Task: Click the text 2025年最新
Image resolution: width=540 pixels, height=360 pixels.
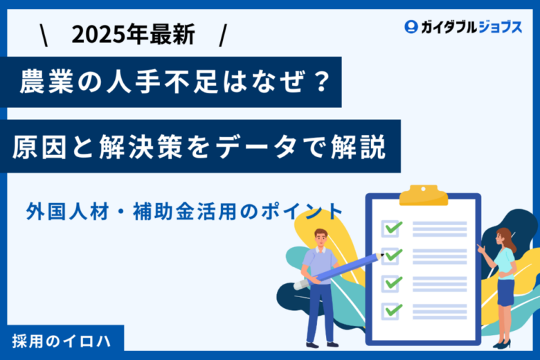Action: pyautogui.click(x=134, y=35)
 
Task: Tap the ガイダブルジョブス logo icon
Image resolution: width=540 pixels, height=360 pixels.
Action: pyautogui.click(x=411, y=27)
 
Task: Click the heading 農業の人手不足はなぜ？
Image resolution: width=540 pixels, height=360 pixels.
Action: pyautogui.click(x=175, y=82)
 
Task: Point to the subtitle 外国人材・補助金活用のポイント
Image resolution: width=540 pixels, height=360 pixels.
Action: pyautogui.click(x=184, y=211)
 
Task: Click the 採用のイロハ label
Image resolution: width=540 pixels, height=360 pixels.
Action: pyautogui.click(x=62, y=341)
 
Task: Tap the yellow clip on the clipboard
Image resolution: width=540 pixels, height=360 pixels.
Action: pyautogui.click(x=424, y=195)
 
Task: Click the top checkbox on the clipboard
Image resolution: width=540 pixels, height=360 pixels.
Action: pyautogui.click(x=390, y=228)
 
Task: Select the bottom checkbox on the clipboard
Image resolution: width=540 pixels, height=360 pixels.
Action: pyautogui.click(x=390, y=311)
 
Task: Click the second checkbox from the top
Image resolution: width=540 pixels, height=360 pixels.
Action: pyautogui.click(x=390, y=256)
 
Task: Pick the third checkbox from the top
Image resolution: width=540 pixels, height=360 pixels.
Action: pyautogui.click(x=390, y=284)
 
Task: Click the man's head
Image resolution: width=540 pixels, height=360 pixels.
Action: pyautogui.click(x=321, y=237)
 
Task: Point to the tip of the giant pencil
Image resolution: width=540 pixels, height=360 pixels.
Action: pyautogui.click(x=383, y=255)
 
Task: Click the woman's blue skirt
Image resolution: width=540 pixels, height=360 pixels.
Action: pyautogui.click(x=505, y=292)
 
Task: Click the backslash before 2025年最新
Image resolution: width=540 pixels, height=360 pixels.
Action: pyautogui.click(x=44, y=35)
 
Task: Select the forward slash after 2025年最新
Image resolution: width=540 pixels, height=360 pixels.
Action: pyautogui.click(x=223, y=35)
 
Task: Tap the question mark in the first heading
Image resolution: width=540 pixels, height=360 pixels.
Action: pyautogui.click(x=322, y=82)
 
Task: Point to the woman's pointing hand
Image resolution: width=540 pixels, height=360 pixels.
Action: pyautogui.click(x=481, y=249)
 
